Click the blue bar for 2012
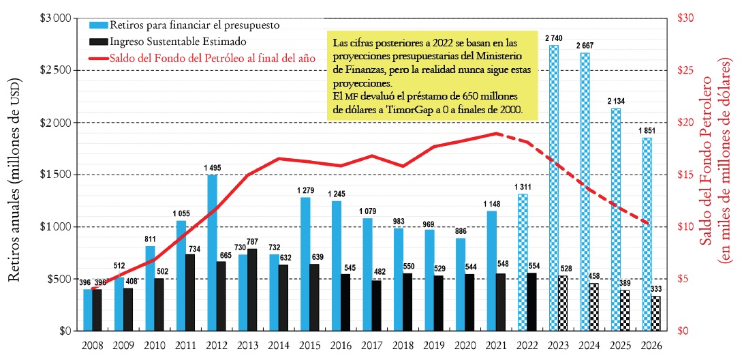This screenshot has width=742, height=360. [x=212, y=252]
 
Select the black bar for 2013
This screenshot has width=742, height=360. [x=253, y=290]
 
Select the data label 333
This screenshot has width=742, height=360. [x=656, y=289]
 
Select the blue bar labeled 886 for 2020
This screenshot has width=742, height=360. [x=461, y=284]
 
